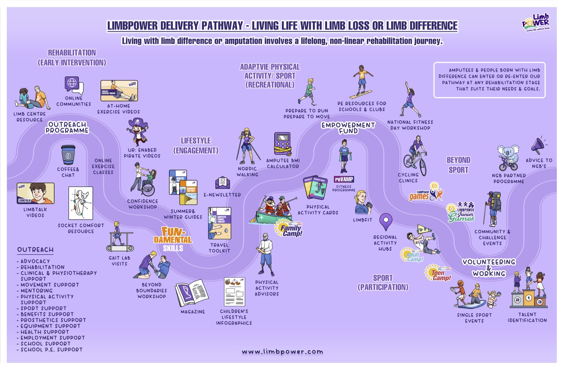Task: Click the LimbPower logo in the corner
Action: (536, 23)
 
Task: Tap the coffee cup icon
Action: (68, 155)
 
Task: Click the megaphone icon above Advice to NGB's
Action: (538, 146)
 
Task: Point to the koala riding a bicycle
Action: (508, 158)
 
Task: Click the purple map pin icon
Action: (386, 222)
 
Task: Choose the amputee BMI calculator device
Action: (282, 144)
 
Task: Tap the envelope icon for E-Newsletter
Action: (222, 182)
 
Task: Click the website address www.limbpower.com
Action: (282, 352)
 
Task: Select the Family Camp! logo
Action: (289, 228)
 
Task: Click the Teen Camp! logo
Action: (439, 273)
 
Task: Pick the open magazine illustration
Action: (192, 293)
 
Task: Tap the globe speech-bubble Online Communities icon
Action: (73, 85)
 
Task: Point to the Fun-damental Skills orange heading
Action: (173, 238)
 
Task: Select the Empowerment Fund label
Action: (348, 128)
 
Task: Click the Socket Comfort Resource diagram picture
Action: (81, 203)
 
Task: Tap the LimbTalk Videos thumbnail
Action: (35, 193)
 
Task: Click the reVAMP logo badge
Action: (343, 179)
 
